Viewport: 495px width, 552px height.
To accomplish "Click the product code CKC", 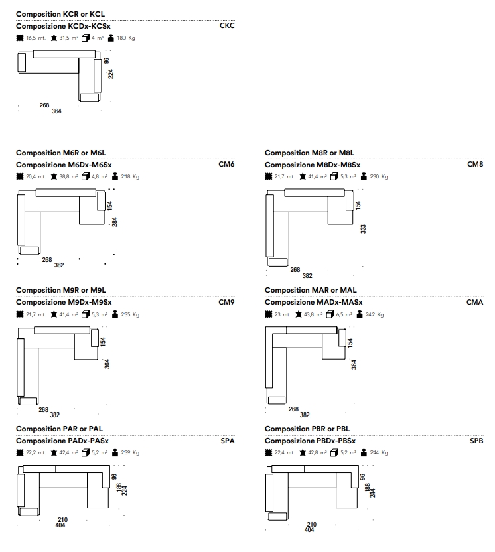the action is pyautogui.click(x=227, y=25).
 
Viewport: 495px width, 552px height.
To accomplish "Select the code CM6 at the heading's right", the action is pyautogui.click(x=226, y=164).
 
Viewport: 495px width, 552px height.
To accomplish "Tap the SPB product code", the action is pyautogui.click(x=476, y=441).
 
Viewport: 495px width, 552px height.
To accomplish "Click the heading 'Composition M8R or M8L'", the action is pyautogui.click(x=309, y=153).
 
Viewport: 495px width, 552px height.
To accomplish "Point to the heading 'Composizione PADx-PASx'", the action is pyautogui.click(x=62, y=441).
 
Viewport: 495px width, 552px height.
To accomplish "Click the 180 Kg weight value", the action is pyautogui.click(x=126, y=38).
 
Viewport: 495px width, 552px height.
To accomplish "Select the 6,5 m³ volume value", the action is pyautogui.click(x=344, y=314).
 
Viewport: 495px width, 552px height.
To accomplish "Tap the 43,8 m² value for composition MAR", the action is pyautogui.click(x=313, y=314).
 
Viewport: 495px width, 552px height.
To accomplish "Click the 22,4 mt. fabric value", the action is pyautogui.click(x=285, y=452).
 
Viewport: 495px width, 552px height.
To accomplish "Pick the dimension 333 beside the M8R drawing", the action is pyautogui.click(x=364, y=229).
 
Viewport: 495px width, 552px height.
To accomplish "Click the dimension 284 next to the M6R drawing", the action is pyautogui.click(x=114, y=222).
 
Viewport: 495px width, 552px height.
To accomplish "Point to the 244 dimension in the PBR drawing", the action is pyautogui.click(x=372, y=492).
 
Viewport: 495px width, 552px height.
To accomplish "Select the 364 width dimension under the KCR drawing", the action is pyautogui.click(x=56, y=111).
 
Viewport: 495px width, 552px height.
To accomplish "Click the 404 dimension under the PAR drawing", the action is pyautogui.click(x=60, y=525).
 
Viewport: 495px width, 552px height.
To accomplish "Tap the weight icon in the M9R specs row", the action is pyautogui.click(x=115, y=314).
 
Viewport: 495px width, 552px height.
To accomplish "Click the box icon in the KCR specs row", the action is pyautogui.click(x=85, y=38).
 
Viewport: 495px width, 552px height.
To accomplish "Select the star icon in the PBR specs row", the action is pyautogui.click(x=303, y=452).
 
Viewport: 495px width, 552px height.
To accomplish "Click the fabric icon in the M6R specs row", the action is pyautogui.click(x=20, y=176).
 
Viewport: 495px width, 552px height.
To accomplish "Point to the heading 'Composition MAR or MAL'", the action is pyautogui.click(x=311, y=290).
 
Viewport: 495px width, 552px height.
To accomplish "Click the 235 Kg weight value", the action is pyautogui.click(x=130, y=314).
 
